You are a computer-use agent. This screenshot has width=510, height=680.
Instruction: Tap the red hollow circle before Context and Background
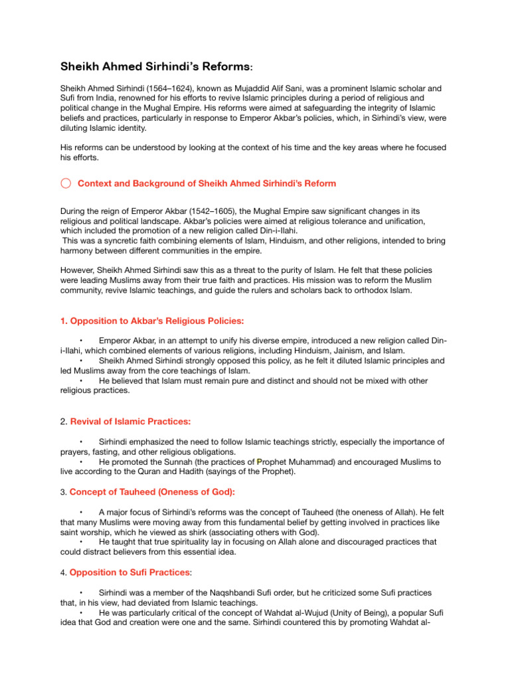65,183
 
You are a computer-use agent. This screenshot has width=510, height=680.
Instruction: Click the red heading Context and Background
207,183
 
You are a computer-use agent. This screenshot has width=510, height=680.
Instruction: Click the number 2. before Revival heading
64,422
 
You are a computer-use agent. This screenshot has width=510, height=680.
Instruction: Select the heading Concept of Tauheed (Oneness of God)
152,492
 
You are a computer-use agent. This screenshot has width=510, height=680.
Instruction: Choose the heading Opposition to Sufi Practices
131,572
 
